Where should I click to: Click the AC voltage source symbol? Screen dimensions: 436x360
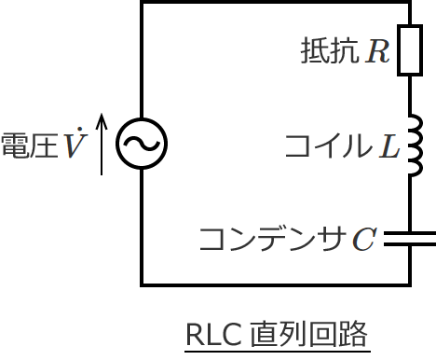click(x=142, y=144)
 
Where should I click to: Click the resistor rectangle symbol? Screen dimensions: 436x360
click(x=410, y=49)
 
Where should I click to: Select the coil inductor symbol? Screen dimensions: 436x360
click(x=414, y=145)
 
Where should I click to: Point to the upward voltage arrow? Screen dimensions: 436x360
click(x=102, y=144)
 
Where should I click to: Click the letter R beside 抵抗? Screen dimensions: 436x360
click(x=377, y=50)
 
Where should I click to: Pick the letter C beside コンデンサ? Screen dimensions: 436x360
click(x=364, y=240)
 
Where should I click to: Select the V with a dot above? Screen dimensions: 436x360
click(x=74, y=145)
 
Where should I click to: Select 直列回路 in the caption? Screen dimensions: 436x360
click(x=308, y=333)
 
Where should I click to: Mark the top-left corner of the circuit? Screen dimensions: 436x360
click(x=143, y=3)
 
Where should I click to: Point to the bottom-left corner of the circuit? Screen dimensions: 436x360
click(x=143, y=284)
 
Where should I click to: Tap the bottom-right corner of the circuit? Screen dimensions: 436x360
click(x=410, y=284)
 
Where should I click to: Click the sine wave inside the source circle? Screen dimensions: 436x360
click(x=142, y=144)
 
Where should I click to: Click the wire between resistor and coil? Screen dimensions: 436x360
click(x=410, y=98)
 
